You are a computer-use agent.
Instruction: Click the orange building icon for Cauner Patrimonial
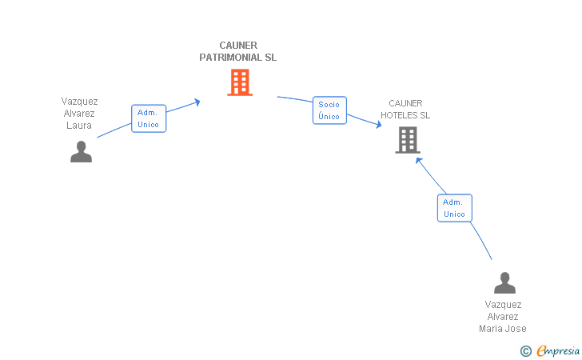tap(240, 82)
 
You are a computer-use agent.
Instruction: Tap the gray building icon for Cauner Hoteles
tap(408, 140)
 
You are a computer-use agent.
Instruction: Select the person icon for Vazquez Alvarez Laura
tap(81, 151)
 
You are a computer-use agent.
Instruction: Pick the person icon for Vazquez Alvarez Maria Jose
tap(504, 283)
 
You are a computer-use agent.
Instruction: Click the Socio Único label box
tap(329, 110)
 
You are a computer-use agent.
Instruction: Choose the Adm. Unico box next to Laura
tap(149, 118)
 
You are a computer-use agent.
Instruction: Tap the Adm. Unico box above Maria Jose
tap(454, 208)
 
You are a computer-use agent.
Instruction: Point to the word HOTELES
tap(399, 115)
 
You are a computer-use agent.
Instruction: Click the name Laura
tap(79, 126)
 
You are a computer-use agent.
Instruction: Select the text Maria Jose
tap(503, 328)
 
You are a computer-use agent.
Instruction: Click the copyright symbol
tap(525, 350)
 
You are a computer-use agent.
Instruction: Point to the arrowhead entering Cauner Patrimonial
tap(197, 102)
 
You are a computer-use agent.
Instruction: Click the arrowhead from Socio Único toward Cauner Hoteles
tap(380, 124)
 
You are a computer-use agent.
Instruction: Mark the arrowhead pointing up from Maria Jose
tap(418, 159)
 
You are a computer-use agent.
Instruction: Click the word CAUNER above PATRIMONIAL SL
tap(238, 46)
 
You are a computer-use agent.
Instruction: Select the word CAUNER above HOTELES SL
tap(405, 103)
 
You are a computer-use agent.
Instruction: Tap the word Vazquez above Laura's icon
tap(79, 102)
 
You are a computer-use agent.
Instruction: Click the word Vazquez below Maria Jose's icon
tap(503, 305)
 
